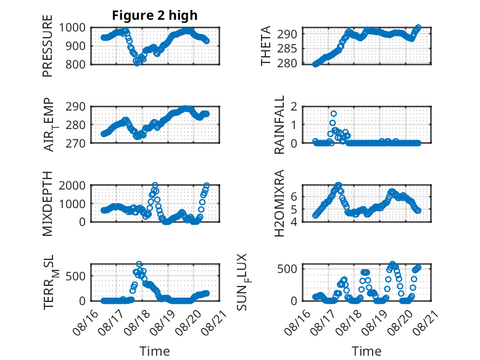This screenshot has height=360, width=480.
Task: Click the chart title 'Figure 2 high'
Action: [155, 15]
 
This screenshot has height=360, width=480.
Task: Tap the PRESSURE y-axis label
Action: [48, 46]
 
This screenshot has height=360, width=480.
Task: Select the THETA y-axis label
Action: [266, 46]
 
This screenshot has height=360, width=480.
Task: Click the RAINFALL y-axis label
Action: [279, 125]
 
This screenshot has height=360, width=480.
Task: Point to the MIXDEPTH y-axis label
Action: [48, 204]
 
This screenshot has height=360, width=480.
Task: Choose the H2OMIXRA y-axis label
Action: [279, 203]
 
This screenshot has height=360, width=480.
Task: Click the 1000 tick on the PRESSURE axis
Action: [72, 28]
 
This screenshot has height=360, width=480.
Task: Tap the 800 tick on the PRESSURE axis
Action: [76, 64]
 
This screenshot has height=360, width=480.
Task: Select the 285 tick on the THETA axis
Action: [287, 48]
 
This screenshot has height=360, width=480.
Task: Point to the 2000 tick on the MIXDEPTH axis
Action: [72, 185]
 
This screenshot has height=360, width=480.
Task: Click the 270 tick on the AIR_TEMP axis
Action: [76, 143]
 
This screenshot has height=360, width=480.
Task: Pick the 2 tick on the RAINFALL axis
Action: [294, 107]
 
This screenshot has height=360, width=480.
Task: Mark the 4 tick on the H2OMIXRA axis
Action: [294, 222]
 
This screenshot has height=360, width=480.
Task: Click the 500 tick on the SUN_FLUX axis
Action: [287, 269]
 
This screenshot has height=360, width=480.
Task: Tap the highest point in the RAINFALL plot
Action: [334, 114]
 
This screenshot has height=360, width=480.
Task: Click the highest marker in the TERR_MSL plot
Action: [139, 264]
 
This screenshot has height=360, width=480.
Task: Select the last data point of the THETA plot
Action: [418, 28]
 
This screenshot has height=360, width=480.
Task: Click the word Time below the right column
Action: [366, 351]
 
